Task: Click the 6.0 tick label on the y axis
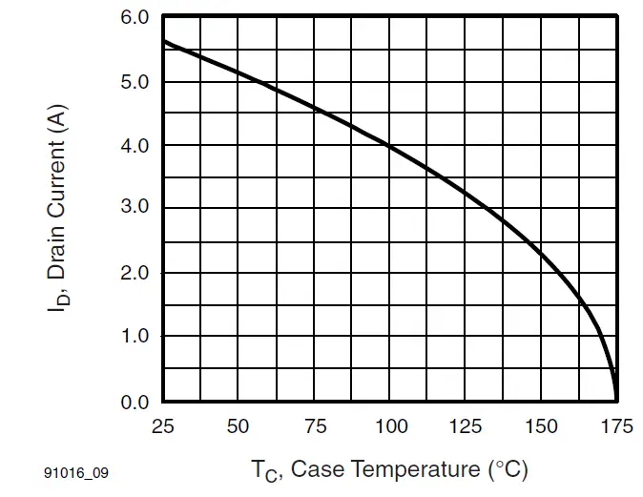point(135,18)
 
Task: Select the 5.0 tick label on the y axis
point(135,82)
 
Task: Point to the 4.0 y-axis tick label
point(135,146)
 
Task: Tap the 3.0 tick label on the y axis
point(135,209)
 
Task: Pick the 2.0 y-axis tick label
point(135,273)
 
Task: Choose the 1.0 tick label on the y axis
point(135,337)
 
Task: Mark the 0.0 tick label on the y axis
point(135,401)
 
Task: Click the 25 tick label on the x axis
point(163,426)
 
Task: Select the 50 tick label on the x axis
point(239,426)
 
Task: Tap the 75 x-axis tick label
point(315,426)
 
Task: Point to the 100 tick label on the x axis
point(389,426)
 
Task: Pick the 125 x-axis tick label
point(466,426)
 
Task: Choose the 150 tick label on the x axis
point(541,426)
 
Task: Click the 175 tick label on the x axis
point(616,426)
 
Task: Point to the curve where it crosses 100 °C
point(389,146)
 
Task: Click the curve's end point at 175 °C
point(616,399)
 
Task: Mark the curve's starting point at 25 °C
point(164,41)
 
